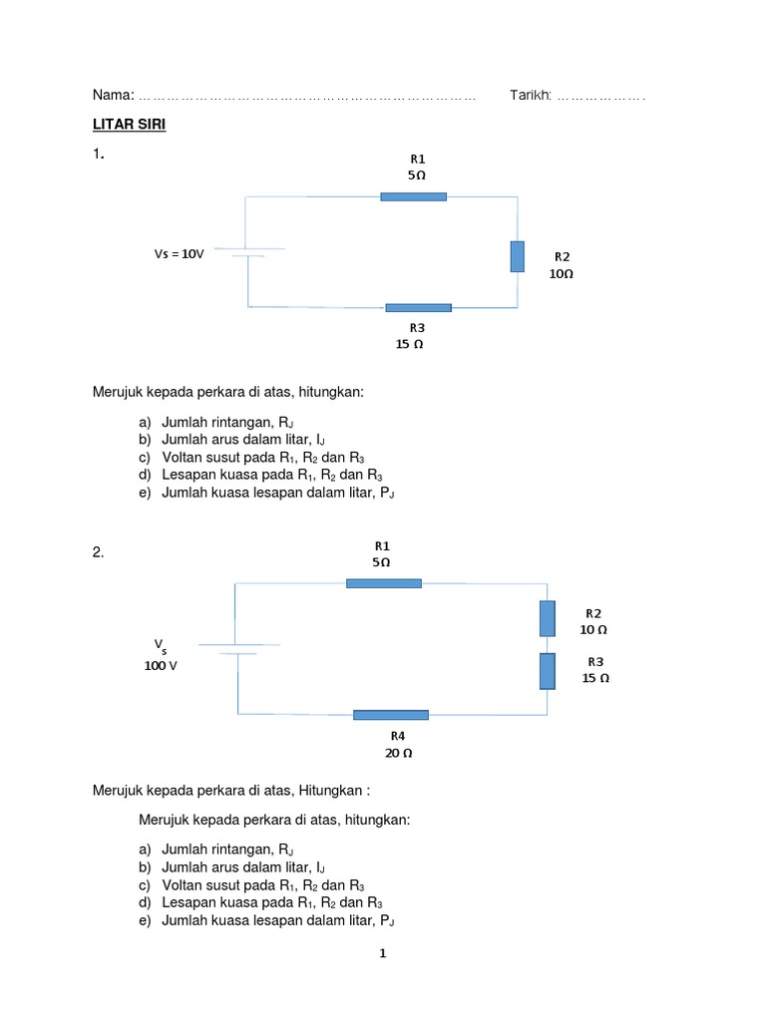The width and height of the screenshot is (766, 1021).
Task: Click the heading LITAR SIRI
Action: click(129, 125)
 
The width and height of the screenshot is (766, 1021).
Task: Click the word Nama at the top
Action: click(112, 95)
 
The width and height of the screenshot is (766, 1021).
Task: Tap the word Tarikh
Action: click(530, 95)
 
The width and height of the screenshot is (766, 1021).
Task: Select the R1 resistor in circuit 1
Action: click(413, 196)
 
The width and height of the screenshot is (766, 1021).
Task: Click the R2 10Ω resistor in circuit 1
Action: click(517, 256)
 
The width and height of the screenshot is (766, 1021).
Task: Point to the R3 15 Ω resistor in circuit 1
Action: click(418, 307)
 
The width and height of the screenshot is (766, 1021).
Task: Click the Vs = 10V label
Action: click(179, 254)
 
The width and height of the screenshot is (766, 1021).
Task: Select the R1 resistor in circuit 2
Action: click(384, 582)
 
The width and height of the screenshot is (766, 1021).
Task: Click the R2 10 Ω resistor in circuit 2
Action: click(547, 618)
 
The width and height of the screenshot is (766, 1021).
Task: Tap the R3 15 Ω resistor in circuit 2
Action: click(547, 671)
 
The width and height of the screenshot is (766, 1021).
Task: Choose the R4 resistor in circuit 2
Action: click(391, 714)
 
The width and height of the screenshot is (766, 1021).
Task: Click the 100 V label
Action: click(160, 665)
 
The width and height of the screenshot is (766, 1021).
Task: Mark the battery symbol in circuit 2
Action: click(237, 648)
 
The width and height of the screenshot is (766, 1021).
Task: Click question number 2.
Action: click(98, 552)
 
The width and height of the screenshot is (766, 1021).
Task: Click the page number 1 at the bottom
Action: click(382, 953)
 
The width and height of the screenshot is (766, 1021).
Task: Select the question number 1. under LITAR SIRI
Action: click(98, 155)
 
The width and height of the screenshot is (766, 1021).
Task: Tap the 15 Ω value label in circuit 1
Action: click(409, 344)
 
